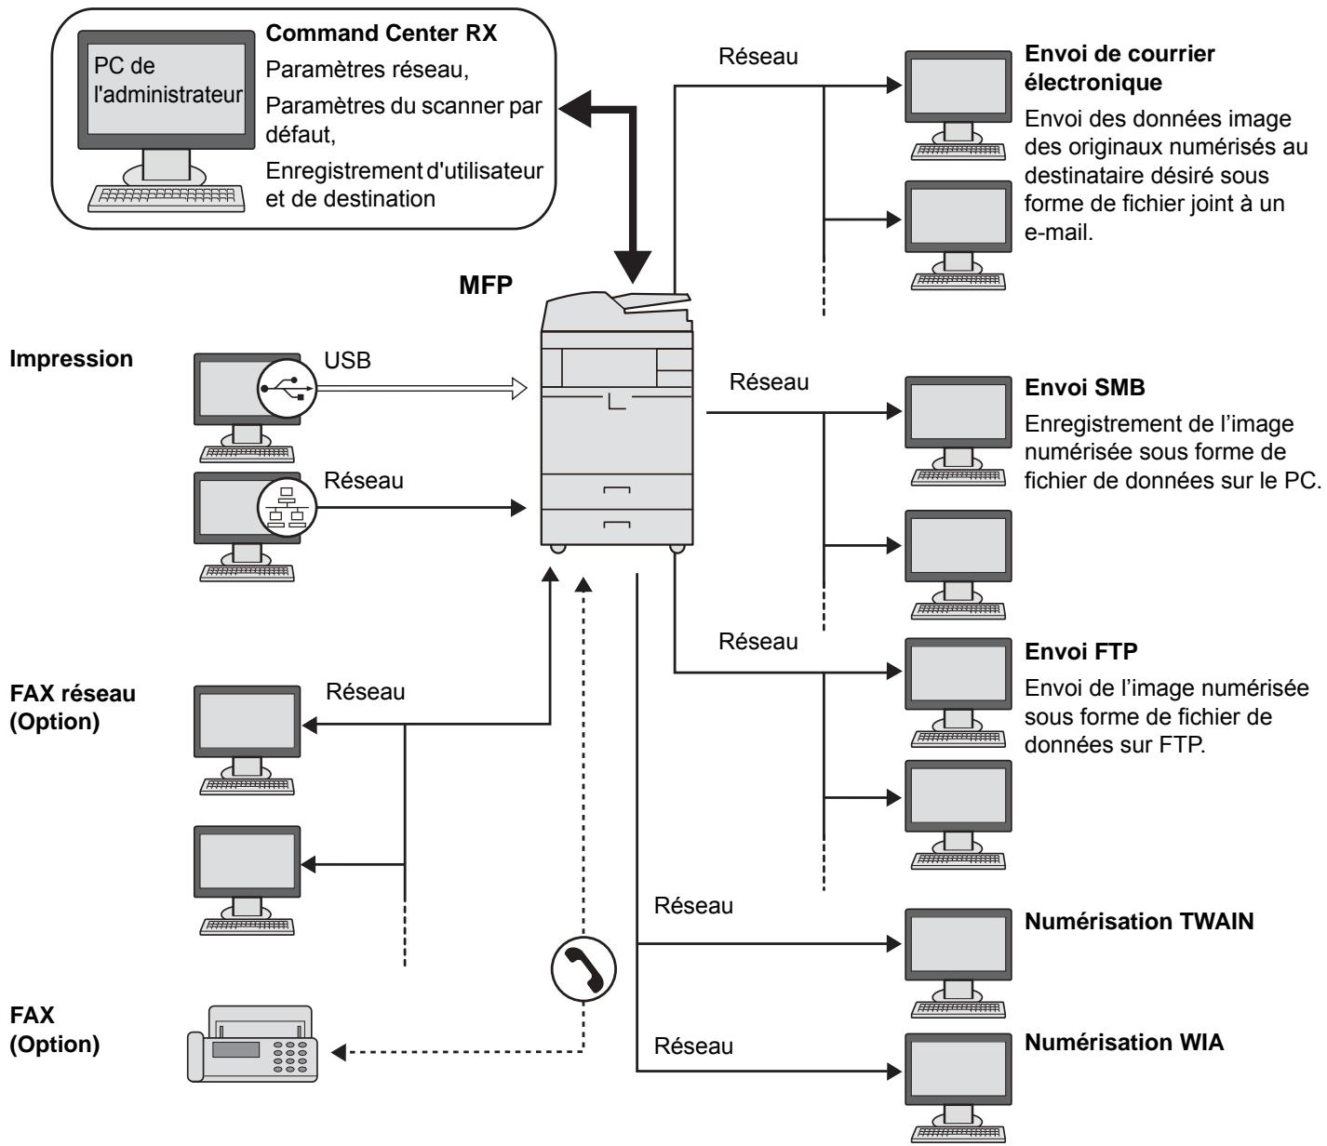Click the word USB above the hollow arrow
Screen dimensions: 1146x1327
(347, 361)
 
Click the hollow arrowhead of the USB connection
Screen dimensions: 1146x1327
(517, 388)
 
